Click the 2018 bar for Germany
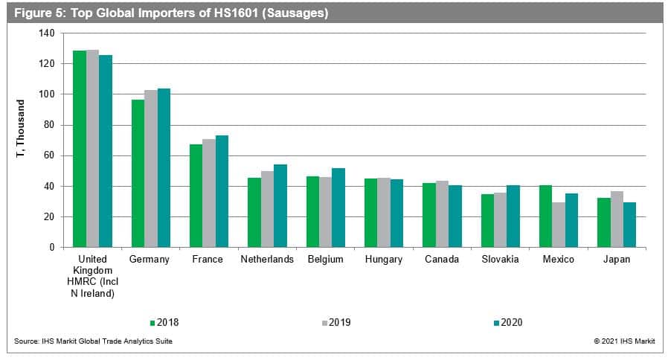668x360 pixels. pyautogui.click(x=138, y=173)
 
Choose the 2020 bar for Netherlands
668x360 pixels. pyautogui.click(x=280, y=205)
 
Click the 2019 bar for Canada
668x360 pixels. pyautogui.click(x=442, y=213)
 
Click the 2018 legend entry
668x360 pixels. pyautogui.click(x=164, y=323)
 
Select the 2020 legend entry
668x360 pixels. pyautogui.click(x=507, y=323)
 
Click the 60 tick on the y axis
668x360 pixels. pyautogui.click(x=49, y=155)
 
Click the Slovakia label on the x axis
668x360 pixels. pyautogui.click(x=500, y=260)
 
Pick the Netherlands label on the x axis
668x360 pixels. pyautogui.click(x=267, y=260)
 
